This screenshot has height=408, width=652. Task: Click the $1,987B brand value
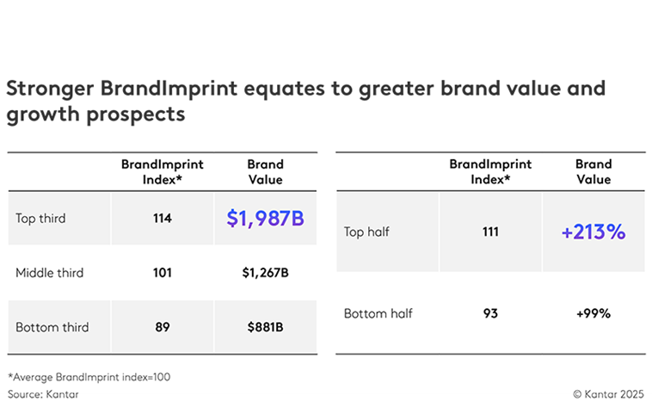[x=265, y=219]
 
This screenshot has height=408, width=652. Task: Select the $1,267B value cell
[x=265, y=273]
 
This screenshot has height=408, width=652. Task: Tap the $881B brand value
[x=265, y=327]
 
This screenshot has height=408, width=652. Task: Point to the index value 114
[x=162, y=219]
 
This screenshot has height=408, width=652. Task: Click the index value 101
[x=162, y=273]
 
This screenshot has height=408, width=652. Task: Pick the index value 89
[x=162, y=327]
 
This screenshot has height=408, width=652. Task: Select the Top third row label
[x=40, y=219]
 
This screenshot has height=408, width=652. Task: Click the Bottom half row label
[x=378, y=313]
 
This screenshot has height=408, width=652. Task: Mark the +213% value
[x=593, y=232]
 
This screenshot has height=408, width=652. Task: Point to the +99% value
[x=593, y=313]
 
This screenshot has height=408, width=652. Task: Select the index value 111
[x=490, y=232]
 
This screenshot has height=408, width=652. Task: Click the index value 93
[x=490, y=313]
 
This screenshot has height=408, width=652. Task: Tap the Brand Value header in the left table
[x=265, y=172]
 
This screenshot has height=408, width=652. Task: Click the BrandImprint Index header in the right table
[x=490, y=172]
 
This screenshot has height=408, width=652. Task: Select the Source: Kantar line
[x=39, y=392]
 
